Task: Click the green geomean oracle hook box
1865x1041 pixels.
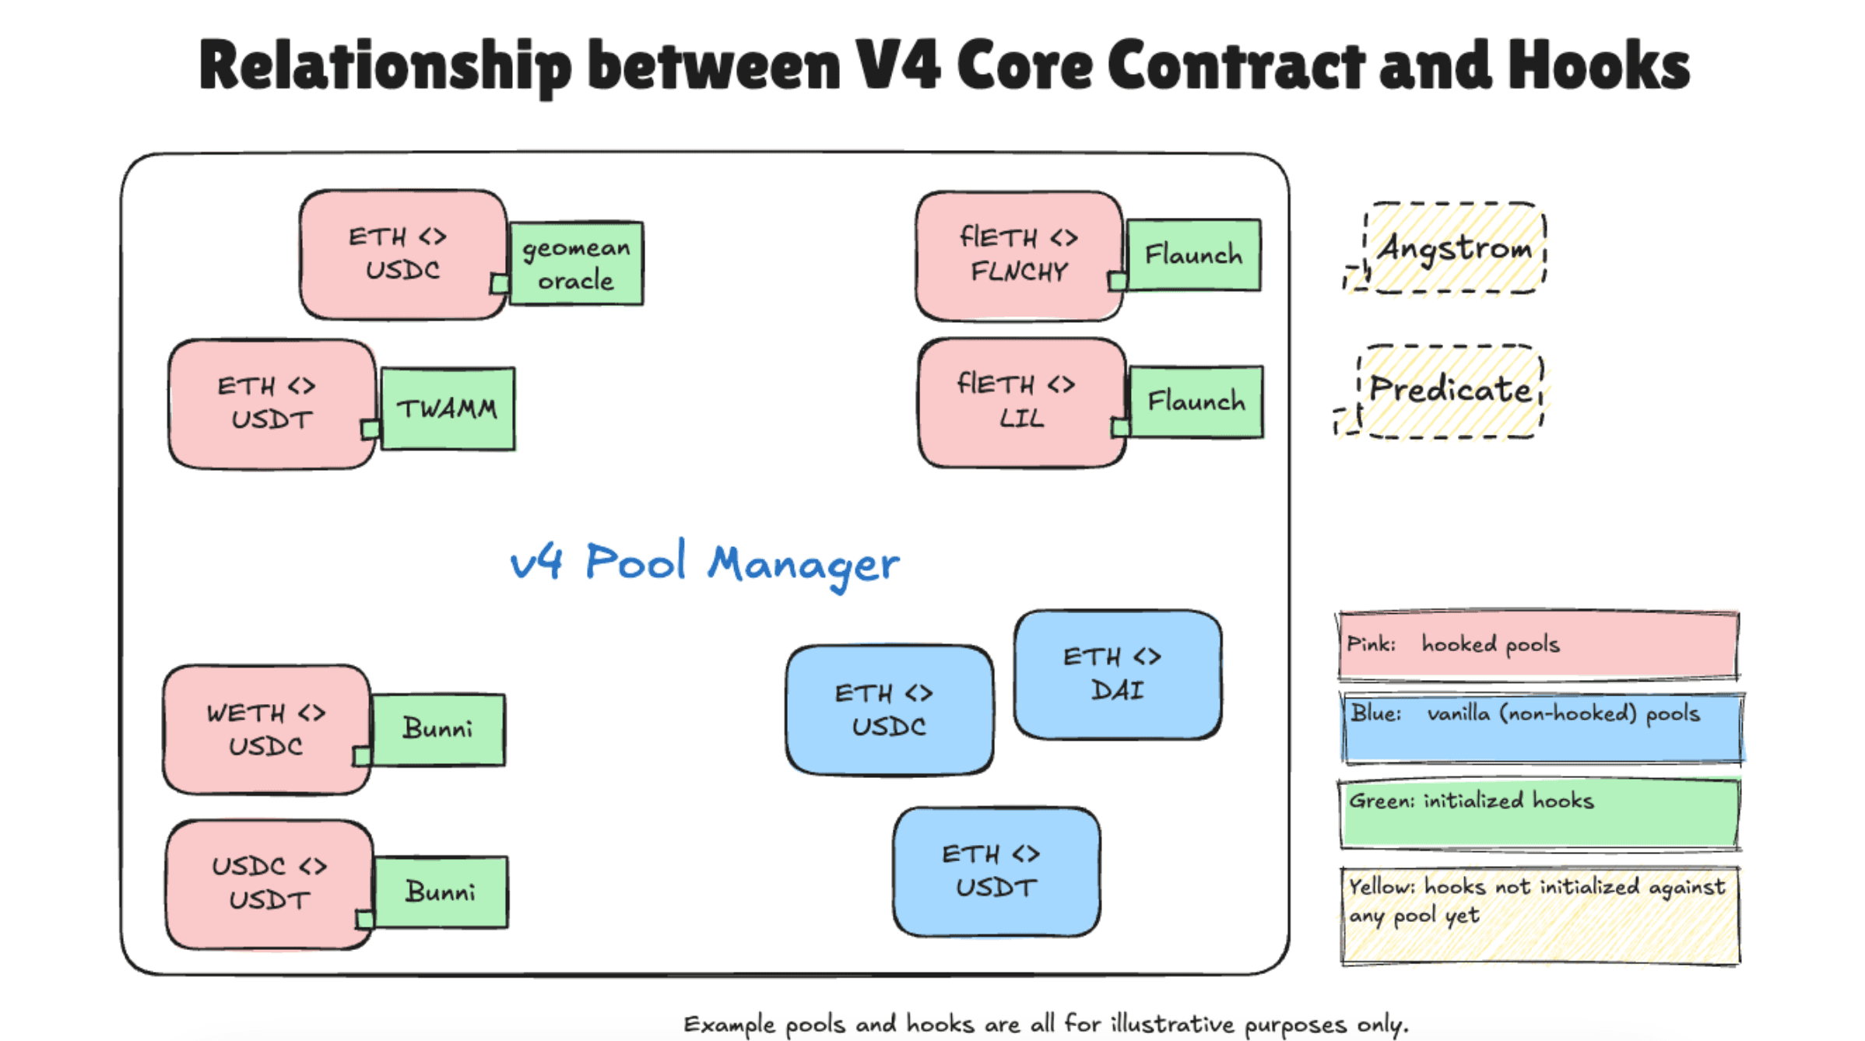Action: pos(576,264)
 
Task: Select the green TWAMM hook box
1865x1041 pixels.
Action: pos(448,408)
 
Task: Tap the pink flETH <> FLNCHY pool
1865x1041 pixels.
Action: pos(1019,255)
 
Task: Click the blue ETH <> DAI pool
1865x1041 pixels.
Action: pos(1117,674)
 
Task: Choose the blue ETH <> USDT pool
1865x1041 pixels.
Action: pos(996,871)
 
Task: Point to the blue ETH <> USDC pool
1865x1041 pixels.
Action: pos(889,710)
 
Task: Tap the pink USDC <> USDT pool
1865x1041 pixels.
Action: pos(269,884)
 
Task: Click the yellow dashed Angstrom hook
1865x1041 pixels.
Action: pos(1454,248)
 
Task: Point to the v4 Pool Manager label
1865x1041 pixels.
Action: pos(704,563)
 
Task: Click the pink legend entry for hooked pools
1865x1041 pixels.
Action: pos(1538,645)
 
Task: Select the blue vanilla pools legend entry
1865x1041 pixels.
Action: pos(1541,728)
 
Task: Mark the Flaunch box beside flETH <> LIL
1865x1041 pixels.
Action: pos(1196,402)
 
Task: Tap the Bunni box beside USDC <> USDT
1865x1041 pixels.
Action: pos(441,892)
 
